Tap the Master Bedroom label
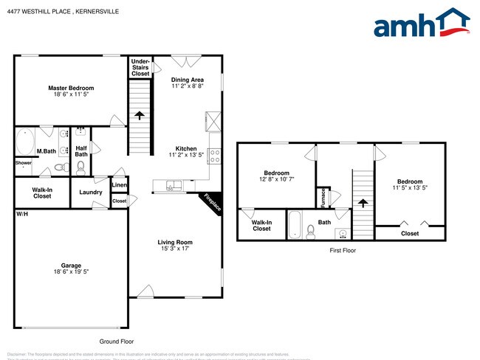(71, 88)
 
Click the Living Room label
(174, 242)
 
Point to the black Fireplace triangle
(213, 202)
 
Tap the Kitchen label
(185, 148)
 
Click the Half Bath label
(81, 150)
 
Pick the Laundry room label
(91, 193)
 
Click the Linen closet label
(119, 185)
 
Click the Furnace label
(323, 198)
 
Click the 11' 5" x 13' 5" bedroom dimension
(409, 187)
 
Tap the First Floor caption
(342, 251)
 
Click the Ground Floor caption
(117, 342)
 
